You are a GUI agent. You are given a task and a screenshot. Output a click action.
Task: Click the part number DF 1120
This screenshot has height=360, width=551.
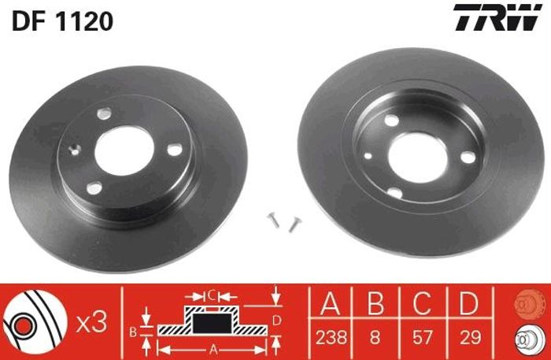62,20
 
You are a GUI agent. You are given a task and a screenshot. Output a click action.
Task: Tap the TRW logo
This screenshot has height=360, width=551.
497,17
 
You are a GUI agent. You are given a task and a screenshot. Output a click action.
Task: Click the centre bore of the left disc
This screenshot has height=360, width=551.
124,150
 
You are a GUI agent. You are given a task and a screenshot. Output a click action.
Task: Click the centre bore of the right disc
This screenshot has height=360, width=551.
418,158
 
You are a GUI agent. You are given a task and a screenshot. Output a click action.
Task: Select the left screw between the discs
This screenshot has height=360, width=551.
273,220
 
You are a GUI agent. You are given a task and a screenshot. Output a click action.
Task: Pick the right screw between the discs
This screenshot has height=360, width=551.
294,224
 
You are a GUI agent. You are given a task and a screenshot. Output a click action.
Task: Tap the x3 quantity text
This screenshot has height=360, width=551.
91,323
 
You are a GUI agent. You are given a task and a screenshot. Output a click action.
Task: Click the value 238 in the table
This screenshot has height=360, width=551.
331,337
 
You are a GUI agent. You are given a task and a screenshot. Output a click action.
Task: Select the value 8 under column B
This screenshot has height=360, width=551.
375,337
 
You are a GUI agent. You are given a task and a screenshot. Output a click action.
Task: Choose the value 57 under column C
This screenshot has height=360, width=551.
422,337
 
